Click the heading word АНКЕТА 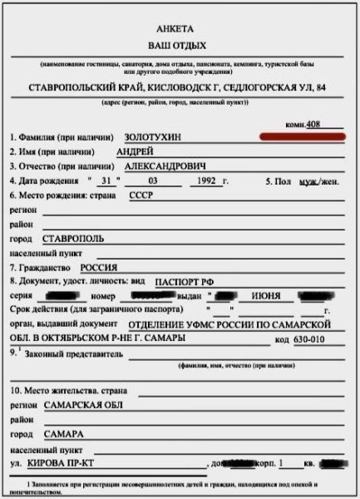(x=181, y=27)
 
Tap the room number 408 (x=313, y=124)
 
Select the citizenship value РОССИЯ (x=98, y=268)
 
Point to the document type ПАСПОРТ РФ (x=185, y=282)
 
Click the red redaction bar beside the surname (x=295, y=135)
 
